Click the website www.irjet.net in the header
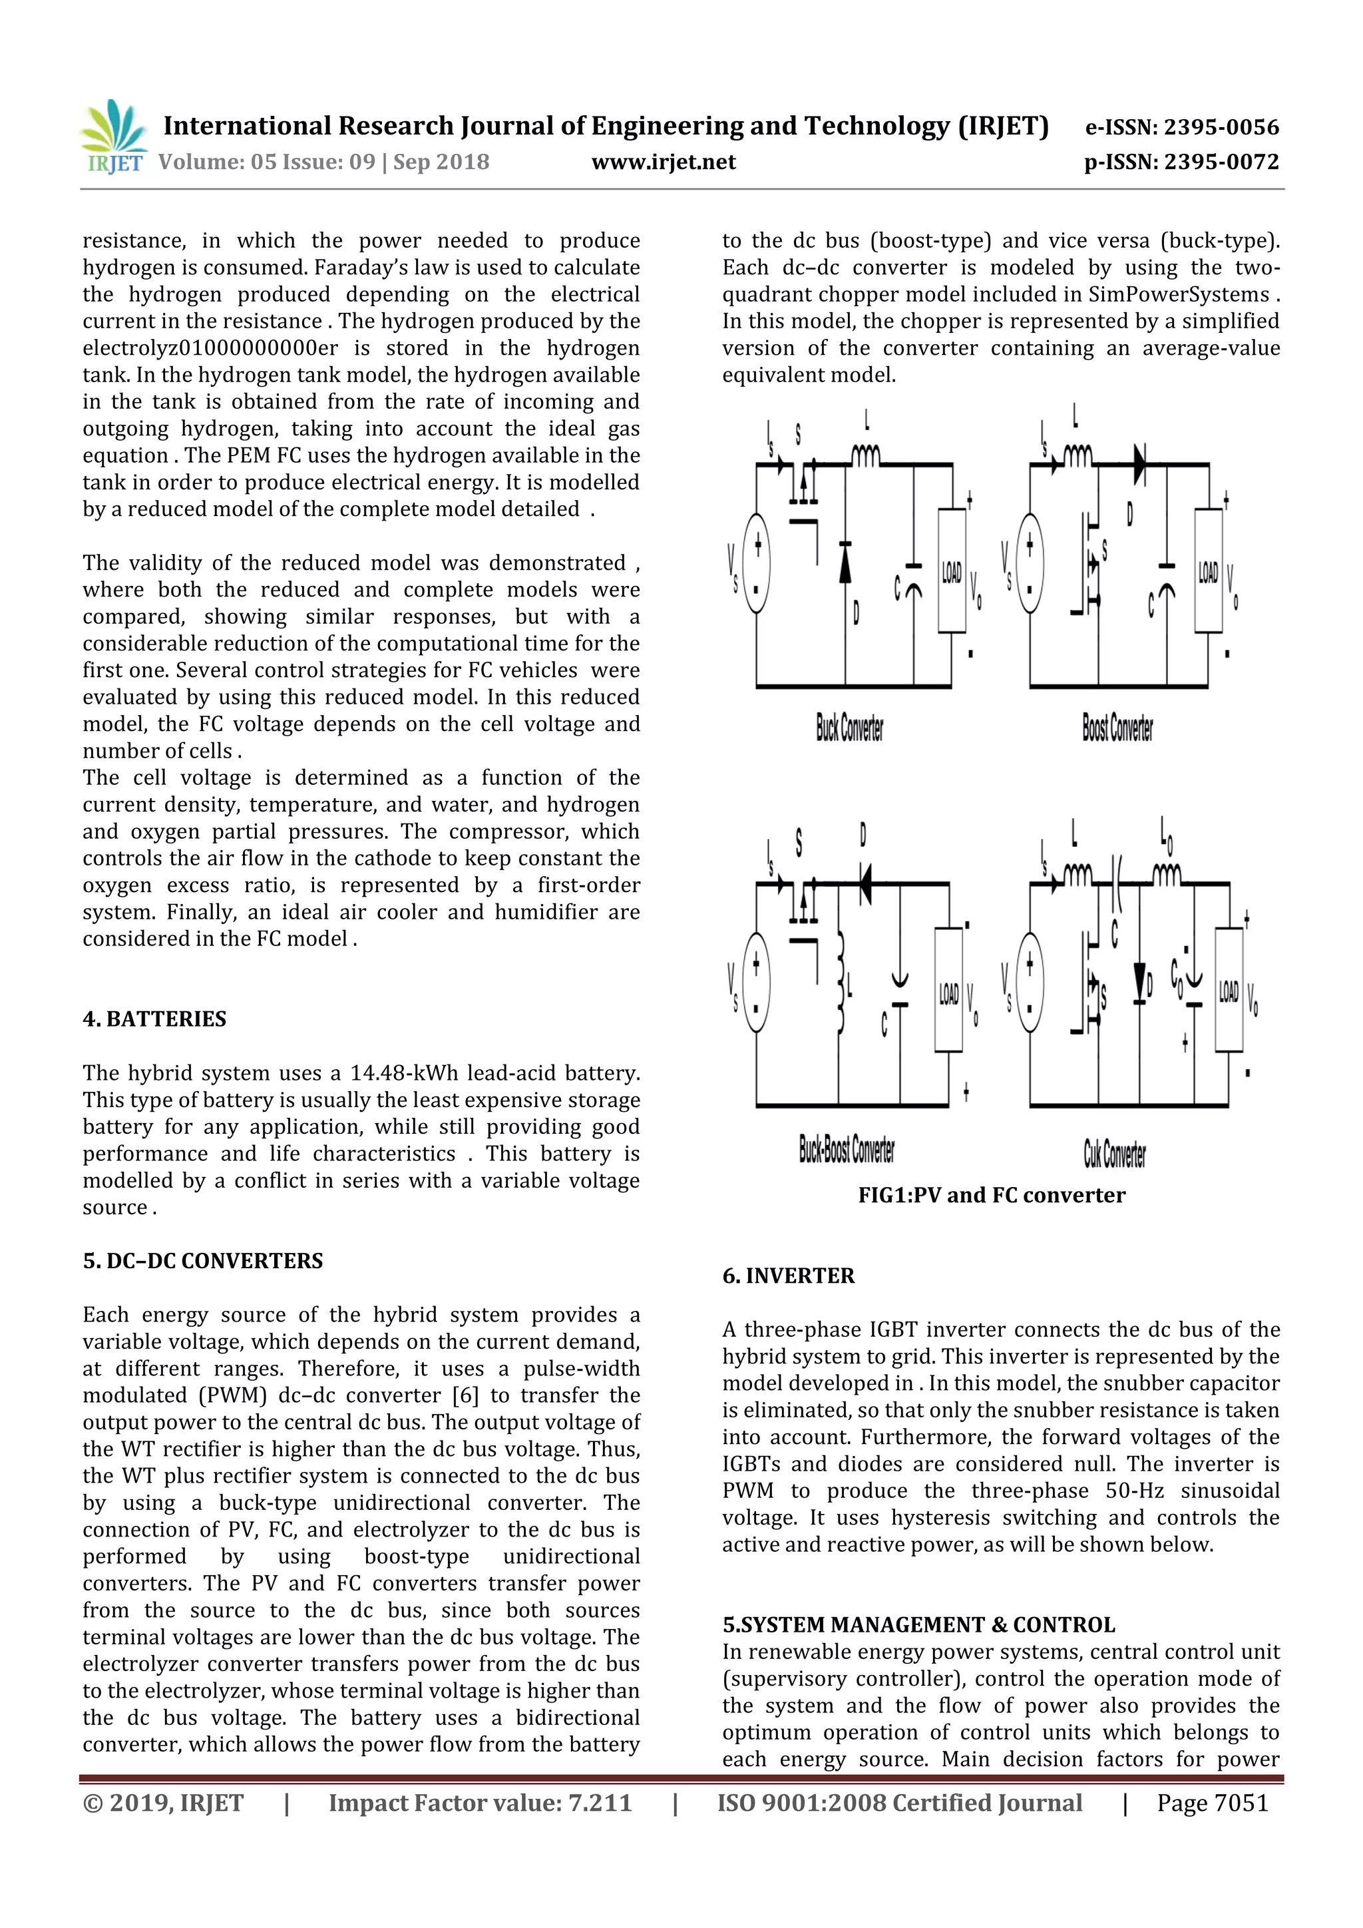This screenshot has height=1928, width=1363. (x=663, y=162)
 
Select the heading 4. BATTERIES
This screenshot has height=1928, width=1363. (x=154, y=1019)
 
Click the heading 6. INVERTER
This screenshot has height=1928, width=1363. (x=788, y=1276)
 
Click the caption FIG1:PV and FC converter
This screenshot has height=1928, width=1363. (x=991, y=1195)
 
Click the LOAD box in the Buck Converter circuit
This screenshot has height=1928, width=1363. (x=951, y=571)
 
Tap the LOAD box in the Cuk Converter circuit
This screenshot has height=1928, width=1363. (x=1229, y=990)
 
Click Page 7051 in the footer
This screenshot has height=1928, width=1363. (x=1212, y=1803)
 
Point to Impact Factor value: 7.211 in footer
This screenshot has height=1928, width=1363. (x=479, y=1803)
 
